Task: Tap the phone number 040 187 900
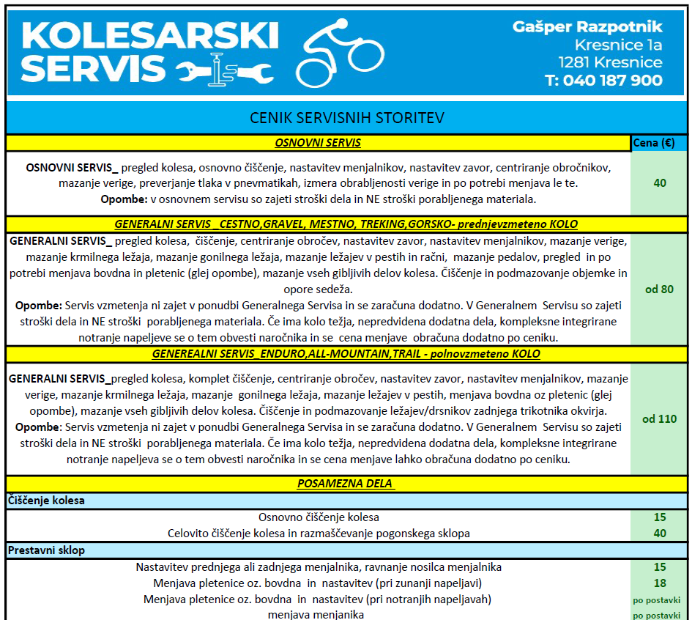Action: (604, 81)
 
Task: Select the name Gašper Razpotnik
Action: (588, 27)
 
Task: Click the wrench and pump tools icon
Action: (226, 69)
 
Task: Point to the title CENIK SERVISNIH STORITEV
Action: (346, 118)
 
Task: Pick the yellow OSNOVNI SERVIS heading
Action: (318, 143)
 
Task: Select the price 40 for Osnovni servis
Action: (659, 182)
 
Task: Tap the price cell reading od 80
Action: (659, 289)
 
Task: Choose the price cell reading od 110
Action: (659, 419)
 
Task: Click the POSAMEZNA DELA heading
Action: (346, 484)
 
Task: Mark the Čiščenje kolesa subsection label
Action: (47, 501)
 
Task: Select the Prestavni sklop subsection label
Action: (47, 550)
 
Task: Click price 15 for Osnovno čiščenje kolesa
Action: (659, 517)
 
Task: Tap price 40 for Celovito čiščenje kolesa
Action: (659, 533)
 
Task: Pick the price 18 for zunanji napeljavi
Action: (659, 583)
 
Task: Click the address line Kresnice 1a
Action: (618, 45)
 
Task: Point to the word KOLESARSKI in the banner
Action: (150, 34)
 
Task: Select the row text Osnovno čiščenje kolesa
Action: (319, 517)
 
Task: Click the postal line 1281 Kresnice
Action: (610, 62)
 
